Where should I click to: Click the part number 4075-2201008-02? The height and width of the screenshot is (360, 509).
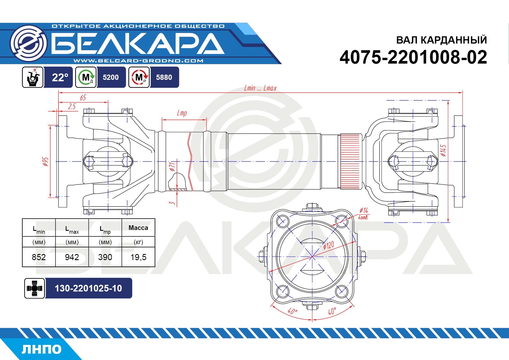coord(413,57)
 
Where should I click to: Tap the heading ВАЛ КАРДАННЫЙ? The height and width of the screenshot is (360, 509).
coord(441,40)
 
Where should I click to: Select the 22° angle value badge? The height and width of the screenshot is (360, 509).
coord(59,77)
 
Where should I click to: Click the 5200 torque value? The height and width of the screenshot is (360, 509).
coord(111,77)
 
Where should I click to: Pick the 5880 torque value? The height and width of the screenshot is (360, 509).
coord(164,77)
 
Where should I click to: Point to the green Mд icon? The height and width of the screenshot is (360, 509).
coord(86,77)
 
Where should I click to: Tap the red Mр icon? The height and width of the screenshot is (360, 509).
coord(139,77)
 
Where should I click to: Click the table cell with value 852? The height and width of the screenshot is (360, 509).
coord(39,257)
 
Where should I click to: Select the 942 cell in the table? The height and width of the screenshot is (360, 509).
coord(72,257)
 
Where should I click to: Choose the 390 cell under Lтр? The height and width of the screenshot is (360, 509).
coord(105,257)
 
